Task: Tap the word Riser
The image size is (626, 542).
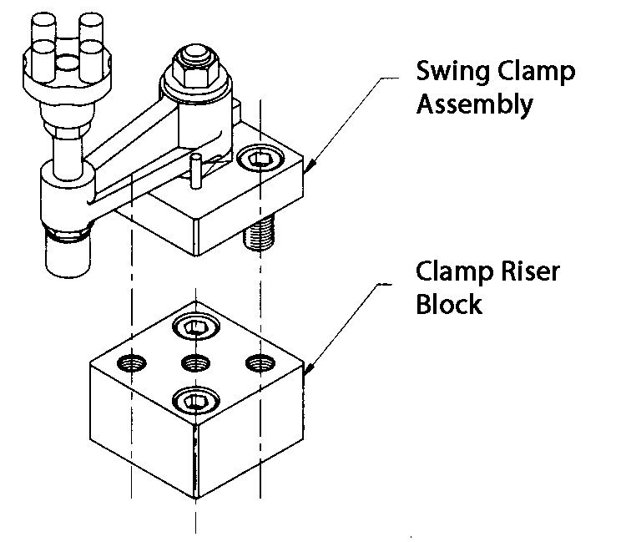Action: pos(523,272)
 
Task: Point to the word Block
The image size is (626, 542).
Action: pos(449,304)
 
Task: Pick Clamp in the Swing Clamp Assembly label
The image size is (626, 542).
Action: pos(534,72)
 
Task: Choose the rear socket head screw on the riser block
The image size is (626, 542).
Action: pos(195,327)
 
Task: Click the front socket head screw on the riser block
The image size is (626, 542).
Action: pos(194,403)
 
